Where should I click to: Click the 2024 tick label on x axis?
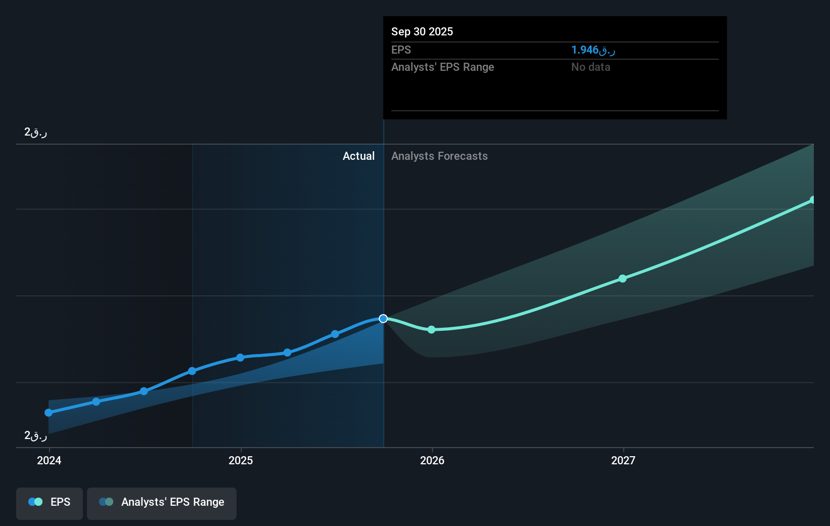pos(49,460)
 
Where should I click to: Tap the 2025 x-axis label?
pos(241,460)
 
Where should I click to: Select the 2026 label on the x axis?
pos(432,460)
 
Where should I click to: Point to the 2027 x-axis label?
pos(623,460)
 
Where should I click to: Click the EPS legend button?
pos(50,502)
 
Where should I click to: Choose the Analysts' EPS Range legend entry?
pos(162,502)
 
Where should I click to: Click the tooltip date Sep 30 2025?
pos(422,31)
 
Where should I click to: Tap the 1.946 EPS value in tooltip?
pos(592,50)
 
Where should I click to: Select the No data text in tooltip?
pos(590,67)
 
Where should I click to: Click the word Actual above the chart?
pos(358,156)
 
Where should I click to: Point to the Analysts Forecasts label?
pos(439,156)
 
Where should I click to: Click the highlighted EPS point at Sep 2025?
pos(383,319)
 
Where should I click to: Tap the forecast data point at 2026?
pos(432,330)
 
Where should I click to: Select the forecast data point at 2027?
pos(623,279)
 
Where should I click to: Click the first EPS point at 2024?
pos(49,413)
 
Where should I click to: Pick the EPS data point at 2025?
pos(240,358)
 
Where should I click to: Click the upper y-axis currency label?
pos(35,132)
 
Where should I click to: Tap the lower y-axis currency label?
pos(35,435)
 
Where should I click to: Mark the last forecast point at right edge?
pos(812,200)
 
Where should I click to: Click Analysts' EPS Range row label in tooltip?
pos(442,67)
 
